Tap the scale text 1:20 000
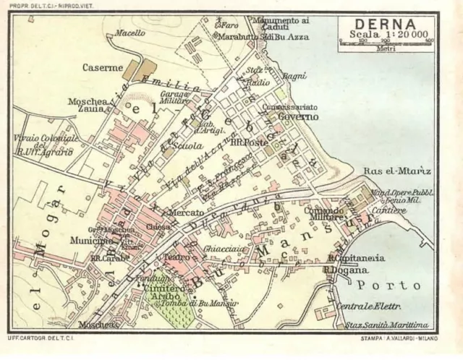coord(385,35)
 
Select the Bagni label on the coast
coord(296,76)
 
